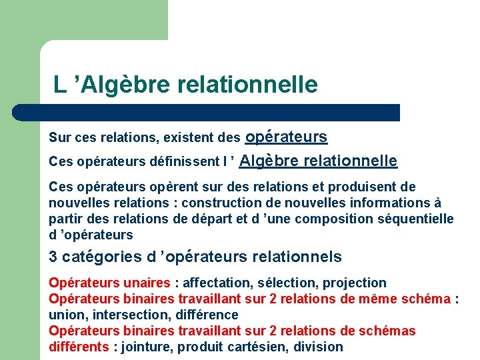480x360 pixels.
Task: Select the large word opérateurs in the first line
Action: [286, 137]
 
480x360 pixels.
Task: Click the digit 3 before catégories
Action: [53, 257]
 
